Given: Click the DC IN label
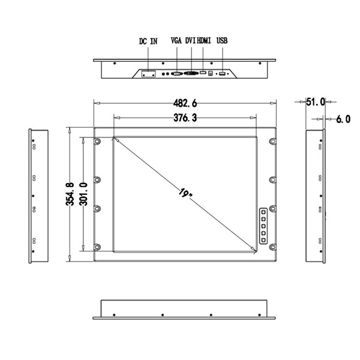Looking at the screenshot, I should (148, 41).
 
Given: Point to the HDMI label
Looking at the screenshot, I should (205, 41).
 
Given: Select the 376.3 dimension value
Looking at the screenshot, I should (185, 118).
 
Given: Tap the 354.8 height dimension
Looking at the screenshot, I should (70, 194).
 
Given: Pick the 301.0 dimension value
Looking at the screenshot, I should (83, 194).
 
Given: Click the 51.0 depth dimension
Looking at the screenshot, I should (316, 102).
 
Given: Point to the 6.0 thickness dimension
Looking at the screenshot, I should (343, 119).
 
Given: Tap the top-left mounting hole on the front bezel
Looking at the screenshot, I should (97, 142).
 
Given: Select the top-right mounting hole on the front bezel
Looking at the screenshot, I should (273, 142).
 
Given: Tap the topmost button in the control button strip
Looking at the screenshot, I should (263, 212).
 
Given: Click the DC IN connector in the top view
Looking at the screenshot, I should (148, 74).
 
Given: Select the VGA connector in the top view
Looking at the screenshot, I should (177, 74).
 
